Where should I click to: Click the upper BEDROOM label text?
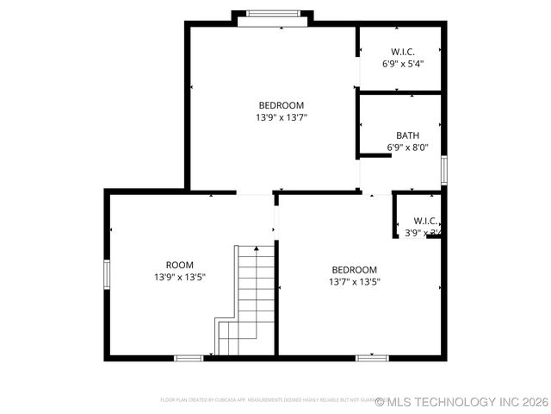click(281, 105)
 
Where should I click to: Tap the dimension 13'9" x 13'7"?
click(281, 117)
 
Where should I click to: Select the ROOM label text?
click(179, 265)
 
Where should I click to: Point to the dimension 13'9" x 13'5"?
click(179, 277)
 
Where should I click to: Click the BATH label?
click(407, 135)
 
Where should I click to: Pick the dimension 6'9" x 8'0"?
click(407, 147)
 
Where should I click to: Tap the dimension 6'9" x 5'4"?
click(402, 64)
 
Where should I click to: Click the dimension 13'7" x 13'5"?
click(354, 281)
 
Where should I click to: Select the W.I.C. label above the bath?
click(402, 52)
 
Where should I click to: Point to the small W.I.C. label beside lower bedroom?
click(424, 221)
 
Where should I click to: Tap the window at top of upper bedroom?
click(271, 14)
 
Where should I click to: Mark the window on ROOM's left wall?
click(107, 273)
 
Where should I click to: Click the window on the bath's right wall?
click(444, 169)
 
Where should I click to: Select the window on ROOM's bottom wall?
click(189, 357)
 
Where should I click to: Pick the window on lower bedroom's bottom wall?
click(372, 356)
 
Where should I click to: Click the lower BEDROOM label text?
click(354, 269)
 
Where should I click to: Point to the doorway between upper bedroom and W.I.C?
click(358, 71)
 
